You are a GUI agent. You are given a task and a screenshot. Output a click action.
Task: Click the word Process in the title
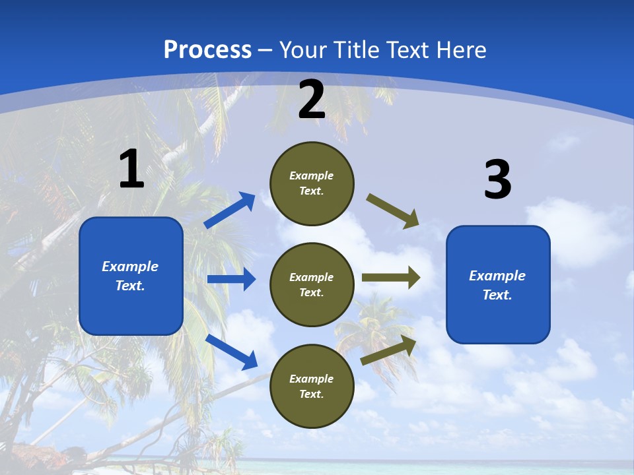207,50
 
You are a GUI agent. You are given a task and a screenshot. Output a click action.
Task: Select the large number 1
131,170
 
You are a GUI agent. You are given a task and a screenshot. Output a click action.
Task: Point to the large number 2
312,100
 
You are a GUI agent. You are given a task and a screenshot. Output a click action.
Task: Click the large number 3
497,180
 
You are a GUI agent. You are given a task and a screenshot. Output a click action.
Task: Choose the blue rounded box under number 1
131,276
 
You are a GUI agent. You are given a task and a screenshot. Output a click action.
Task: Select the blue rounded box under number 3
498,284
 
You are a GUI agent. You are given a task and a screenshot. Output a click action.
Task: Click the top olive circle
312,183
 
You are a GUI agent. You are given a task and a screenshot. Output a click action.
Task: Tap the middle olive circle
312,284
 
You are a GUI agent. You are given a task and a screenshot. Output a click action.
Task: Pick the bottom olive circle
312,386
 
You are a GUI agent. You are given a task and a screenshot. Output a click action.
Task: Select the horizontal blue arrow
231,279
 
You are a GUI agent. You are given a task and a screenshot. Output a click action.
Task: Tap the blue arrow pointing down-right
232,352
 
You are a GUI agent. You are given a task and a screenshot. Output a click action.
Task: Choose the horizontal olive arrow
391,277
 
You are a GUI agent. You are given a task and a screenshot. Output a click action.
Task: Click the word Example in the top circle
312,175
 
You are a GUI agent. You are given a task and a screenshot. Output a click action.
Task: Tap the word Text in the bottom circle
310,394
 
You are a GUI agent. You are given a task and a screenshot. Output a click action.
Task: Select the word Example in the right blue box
497,276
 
